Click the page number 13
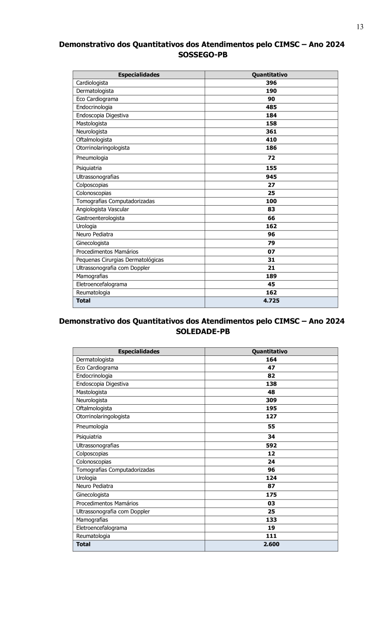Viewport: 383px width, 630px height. pyautogui.click(x=360, y=27)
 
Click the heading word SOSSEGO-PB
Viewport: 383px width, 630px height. pyautogui.click(x=203, y=55)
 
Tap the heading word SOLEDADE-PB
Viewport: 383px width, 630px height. pyautogui.click(x=203, y=332)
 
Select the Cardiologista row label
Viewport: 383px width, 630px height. pyautogui.click(x=92, y=83)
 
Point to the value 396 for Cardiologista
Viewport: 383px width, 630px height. pyautogui.click(x=271, y=83)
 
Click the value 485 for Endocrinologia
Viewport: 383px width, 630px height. pyautogui.click(x=271, y=107)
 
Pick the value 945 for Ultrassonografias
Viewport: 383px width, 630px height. pyautogui.click(x=271, y=177)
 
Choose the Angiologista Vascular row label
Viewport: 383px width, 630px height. pyautogui.click(x=102, y=209)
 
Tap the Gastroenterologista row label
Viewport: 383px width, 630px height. pyautogui.click(x=100, y=218)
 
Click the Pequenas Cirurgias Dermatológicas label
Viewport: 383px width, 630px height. pyautogui.click(x=120, y=260)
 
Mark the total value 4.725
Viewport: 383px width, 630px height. pyautogui.click(x=271, y=301)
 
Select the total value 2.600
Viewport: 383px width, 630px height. pyautogui.click(x=271, y=544)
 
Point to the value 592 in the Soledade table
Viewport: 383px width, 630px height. pyautogui.click(x=271, y=446)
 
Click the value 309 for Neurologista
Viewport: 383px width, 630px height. pyautogui.click(x=271, y=400)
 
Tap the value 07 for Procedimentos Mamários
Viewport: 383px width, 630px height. pyautogui.click(x=271, y=252)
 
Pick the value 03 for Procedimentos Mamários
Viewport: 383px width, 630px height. pyautogui.click(x=271, y=503)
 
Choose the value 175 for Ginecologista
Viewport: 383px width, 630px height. pyautogui.click(x=271, y=495)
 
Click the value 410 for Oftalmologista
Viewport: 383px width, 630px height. pyautogui.click(x=271, y=139)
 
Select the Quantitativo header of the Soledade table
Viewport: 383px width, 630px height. pyautogui.click(x=269, y=352)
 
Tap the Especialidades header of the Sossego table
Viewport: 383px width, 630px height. pyautogui.click(x=139, y=75)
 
